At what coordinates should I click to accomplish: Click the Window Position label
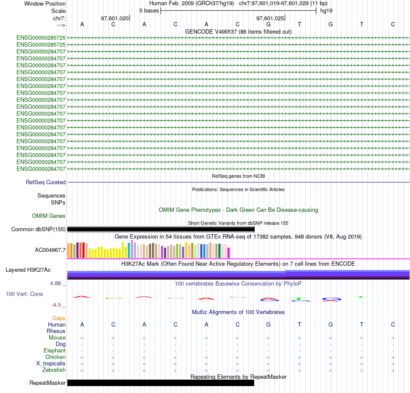pos(45,3)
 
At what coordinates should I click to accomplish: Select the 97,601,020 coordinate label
pos(114,19)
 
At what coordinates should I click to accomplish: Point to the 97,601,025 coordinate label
pos(270,19)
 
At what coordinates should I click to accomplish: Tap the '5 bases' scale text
pos(149,10)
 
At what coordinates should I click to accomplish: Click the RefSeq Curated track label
pos(46,182)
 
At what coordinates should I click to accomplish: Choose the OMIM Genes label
pos(49,216)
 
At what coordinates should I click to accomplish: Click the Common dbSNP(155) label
pos(38,230)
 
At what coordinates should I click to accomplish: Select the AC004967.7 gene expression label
pos(50,250)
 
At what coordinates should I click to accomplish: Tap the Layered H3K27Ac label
pos(28,270)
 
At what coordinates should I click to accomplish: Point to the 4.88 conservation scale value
pos(57,283)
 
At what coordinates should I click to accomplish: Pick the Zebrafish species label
pos(54,370)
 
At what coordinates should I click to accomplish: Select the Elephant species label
pos(54,351)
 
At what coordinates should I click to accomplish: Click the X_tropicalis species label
pos(51,363)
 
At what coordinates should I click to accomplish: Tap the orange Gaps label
pos(59,318)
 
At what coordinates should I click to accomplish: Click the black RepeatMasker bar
pos(161,383)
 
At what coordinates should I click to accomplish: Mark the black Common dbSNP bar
pos(161,229)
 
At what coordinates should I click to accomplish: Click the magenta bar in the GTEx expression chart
pos(229,252)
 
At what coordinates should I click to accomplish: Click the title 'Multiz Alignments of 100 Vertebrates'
pos(238,312)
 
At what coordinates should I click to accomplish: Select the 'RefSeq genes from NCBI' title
pos(238,176)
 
